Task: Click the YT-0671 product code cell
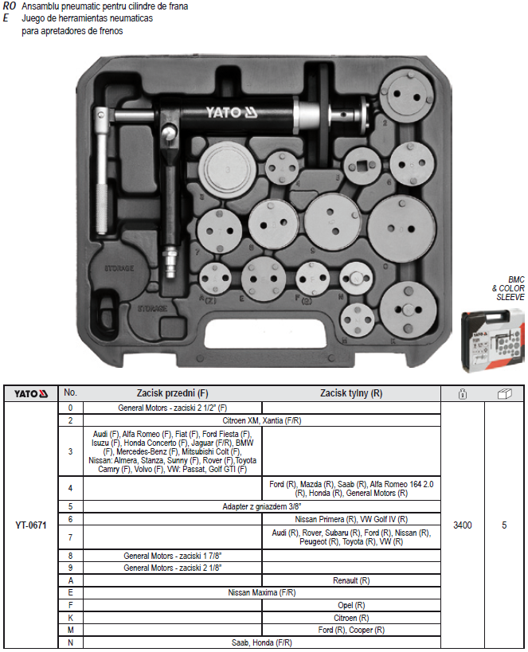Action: click(x=32, y=525)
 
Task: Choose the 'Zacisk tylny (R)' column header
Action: click(x=351, y=392)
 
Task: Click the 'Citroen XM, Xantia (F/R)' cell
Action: click(x=262, y=420)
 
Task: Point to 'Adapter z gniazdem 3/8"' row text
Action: click(x=262, y=506)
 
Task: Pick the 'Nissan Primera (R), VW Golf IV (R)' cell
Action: click(x=351, y=518)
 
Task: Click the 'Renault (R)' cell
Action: click(x=351, y=581)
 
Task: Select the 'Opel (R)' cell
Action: click(x=351, y=605)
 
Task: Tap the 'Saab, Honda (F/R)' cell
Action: click(x=262, y=642)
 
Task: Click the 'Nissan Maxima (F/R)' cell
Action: click(x=262, y=593)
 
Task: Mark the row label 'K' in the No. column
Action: click(x=71, y=618)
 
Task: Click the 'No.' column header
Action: click(x=71, y=392)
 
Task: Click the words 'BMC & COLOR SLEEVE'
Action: click(x=510, y=287)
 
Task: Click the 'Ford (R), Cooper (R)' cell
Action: click(x=351, y=630)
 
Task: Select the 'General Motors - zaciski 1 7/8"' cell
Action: click(x=173, y=556)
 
